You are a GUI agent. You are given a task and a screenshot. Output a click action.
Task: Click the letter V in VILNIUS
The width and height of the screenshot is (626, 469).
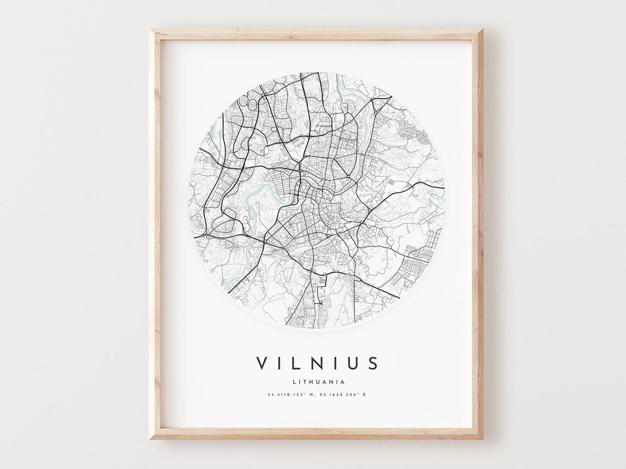pos(261,363)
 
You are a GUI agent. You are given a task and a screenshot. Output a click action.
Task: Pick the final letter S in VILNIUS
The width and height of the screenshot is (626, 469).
pos(373,363)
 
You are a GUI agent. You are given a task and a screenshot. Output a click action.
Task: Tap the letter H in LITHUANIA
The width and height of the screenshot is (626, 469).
pos(309,382)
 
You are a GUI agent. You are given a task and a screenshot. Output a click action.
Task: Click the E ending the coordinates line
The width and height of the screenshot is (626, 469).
pos(364,394)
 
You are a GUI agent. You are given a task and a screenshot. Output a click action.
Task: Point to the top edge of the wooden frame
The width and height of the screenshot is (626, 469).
pos(316,35)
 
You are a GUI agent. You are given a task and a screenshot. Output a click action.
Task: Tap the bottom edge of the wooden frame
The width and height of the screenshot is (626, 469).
pos(316,433)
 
